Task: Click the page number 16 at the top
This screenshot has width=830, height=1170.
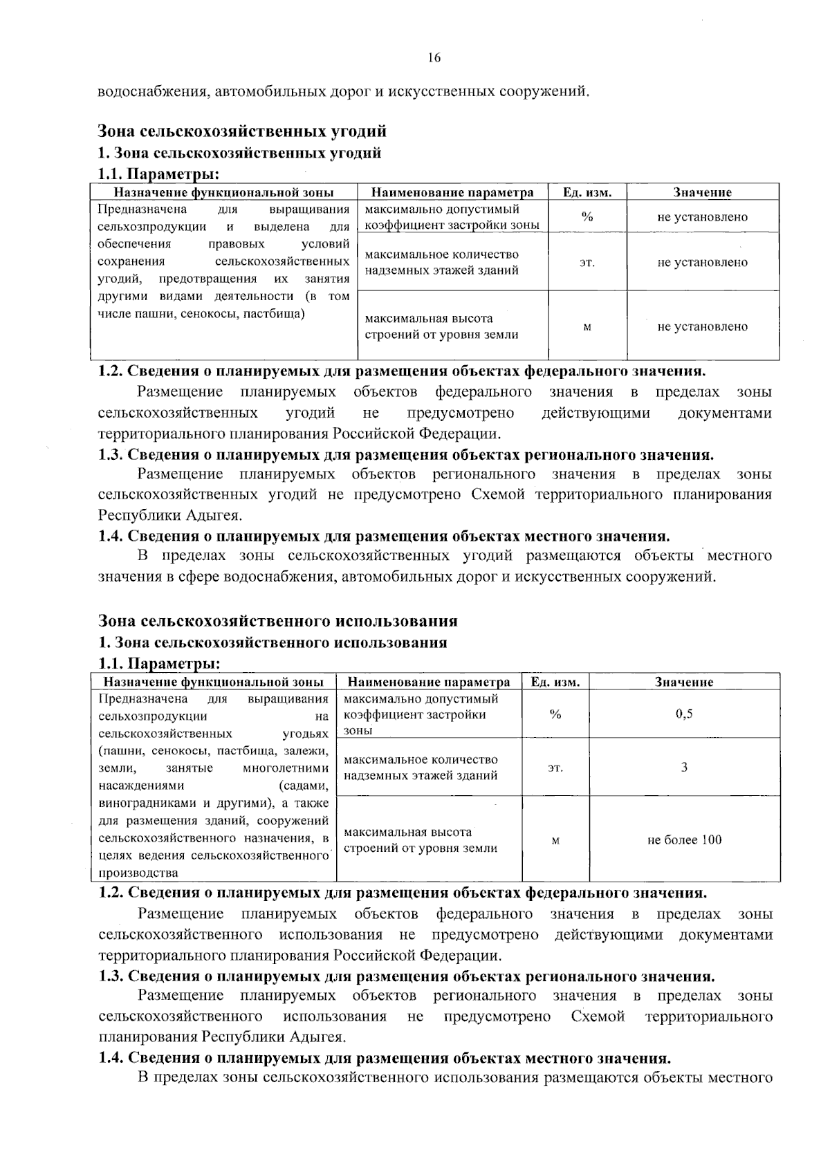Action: [434, 58]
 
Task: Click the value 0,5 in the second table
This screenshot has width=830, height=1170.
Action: [683, 714]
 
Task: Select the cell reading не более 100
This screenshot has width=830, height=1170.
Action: [683, 839]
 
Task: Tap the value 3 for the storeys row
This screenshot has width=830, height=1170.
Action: [683, 767]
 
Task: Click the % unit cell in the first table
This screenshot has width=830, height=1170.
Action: [587, 216]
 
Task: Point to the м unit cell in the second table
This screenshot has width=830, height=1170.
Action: [555, 840]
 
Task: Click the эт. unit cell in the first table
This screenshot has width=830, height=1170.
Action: [587, 262]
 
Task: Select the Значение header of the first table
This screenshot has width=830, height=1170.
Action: [702, 192]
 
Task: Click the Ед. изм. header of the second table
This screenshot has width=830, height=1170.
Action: [555, 682]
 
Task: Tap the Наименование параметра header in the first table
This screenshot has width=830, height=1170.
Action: [452, 192]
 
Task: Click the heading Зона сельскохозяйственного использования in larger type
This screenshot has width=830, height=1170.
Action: [277, 620]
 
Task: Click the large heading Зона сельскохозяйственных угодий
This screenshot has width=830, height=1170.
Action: [242, 131]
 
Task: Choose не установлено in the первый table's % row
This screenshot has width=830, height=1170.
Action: [702, 216]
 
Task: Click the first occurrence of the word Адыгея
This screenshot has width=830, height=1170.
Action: [215, 515]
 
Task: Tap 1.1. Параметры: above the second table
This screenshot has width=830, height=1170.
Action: [159, 664]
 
